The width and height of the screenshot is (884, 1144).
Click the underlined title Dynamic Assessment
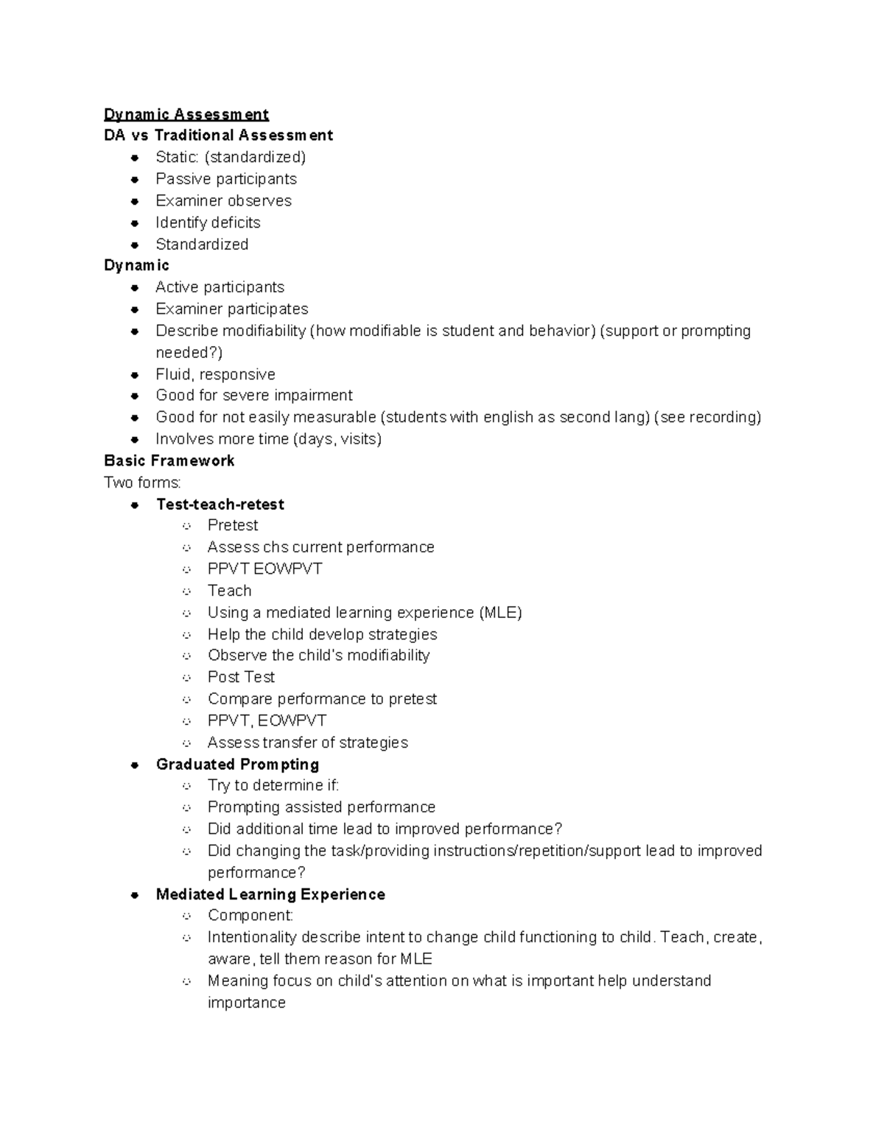(x=186, y=114)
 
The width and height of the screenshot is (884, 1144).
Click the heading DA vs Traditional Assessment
(x=218, y=136)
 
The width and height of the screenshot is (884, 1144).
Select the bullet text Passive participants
(x=226, y=179)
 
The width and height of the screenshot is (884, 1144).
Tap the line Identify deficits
(x=208, y=222)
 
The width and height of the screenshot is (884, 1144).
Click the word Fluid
(x=173, y=374)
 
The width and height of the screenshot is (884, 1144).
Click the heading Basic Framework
(x=169, y=461)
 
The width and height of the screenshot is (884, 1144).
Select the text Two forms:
(x=142, y=482)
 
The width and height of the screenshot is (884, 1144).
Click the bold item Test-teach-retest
(x=220, y=505)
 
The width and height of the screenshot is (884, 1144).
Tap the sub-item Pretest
(x=233, y=525)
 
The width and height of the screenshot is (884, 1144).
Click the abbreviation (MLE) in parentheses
(x=500, y=613)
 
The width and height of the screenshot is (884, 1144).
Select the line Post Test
(x=241, y=677)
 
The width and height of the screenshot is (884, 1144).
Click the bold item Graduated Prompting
(x=237, y=765)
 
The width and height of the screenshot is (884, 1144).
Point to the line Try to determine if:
(x=273, y=785)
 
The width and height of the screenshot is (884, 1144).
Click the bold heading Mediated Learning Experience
(x=270, y=894)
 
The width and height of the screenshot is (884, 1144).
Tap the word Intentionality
(x=253, y=937)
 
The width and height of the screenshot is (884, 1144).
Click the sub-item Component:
(x=250, y=916)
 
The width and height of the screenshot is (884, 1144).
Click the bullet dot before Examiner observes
(x=135, y=201)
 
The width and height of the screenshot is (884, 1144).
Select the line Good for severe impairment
(x=254, y=396)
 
